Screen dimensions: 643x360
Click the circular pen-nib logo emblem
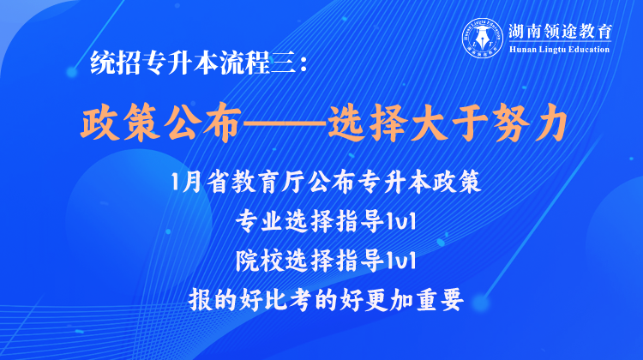[x=483, y=38]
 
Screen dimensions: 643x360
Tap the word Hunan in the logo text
[x=521, y=50]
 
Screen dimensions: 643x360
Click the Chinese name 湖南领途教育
[x=560, y=32]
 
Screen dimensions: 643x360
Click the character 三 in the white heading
[x=284, y=63]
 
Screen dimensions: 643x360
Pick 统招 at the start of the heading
[x=116, y=63]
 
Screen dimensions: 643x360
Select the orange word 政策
[x=120, y=123]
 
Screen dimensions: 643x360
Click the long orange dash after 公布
[x=284, y=123]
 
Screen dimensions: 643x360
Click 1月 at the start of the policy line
[x=185, y=182]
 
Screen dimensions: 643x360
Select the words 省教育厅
[x=255, y=182]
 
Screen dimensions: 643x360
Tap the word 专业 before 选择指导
[x=258, y=221]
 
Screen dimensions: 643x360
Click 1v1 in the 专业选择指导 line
[x=401, y=222]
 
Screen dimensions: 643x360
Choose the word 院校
[x=258, y=261]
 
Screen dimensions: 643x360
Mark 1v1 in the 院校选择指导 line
[x=401, y=261]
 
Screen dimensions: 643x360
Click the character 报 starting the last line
[x=201, y=300]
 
